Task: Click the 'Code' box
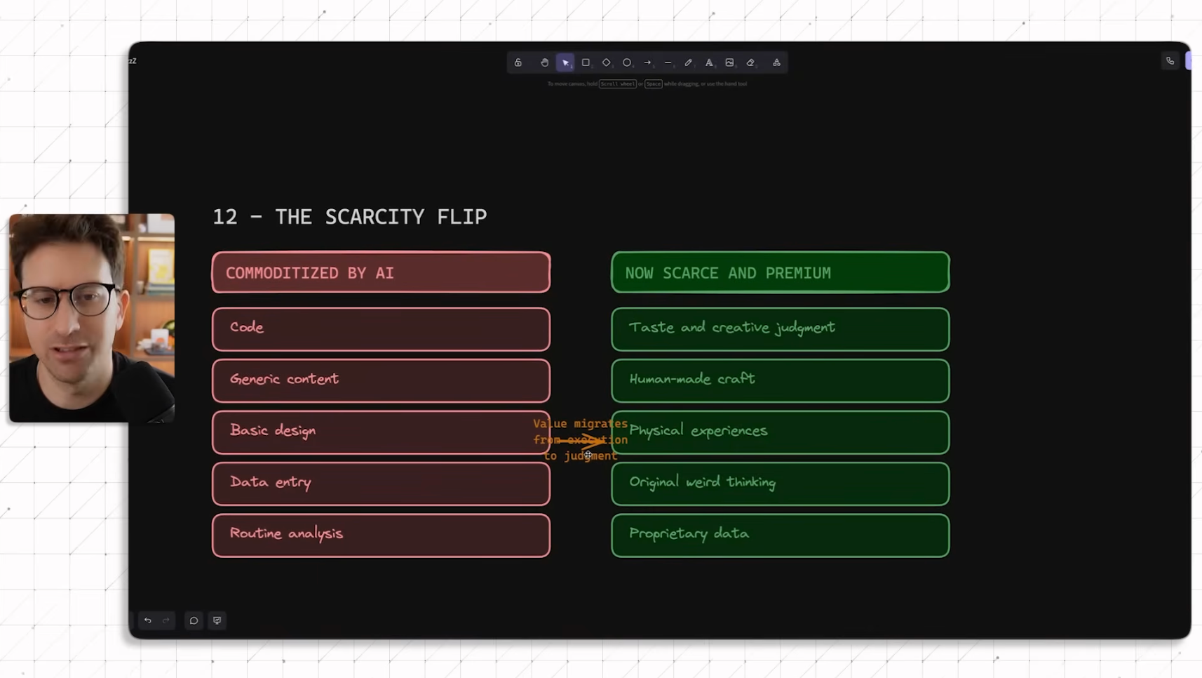(x=381, y=328)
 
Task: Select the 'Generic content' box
(x=381, y=380)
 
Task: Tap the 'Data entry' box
(x=381, y=484)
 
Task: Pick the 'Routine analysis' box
(x=381, y=535)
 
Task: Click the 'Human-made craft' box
(x=780, y=380)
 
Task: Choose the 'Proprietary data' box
(x=780, y=535)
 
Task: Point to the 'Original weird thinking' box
(x=780, y=484)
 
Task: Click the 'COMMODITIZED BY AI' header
(x=381, y=272)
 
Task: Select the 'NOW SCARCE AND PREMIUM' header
(x=780, y=272)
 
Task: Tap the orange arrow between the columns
(x=582, y=441)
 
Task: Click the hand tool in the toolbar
(x=544, y=62)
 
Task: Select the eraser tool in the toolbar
(x=750, y=62)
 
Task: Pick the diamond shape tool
(x=607, y=62)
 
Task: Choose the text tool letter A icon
(x=709, y=62)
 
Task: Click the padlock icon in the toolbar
(x=518, y=62)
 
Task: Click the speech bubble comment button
(x=194, y=620)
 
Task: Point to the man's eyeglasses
(x=67, y=300)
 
